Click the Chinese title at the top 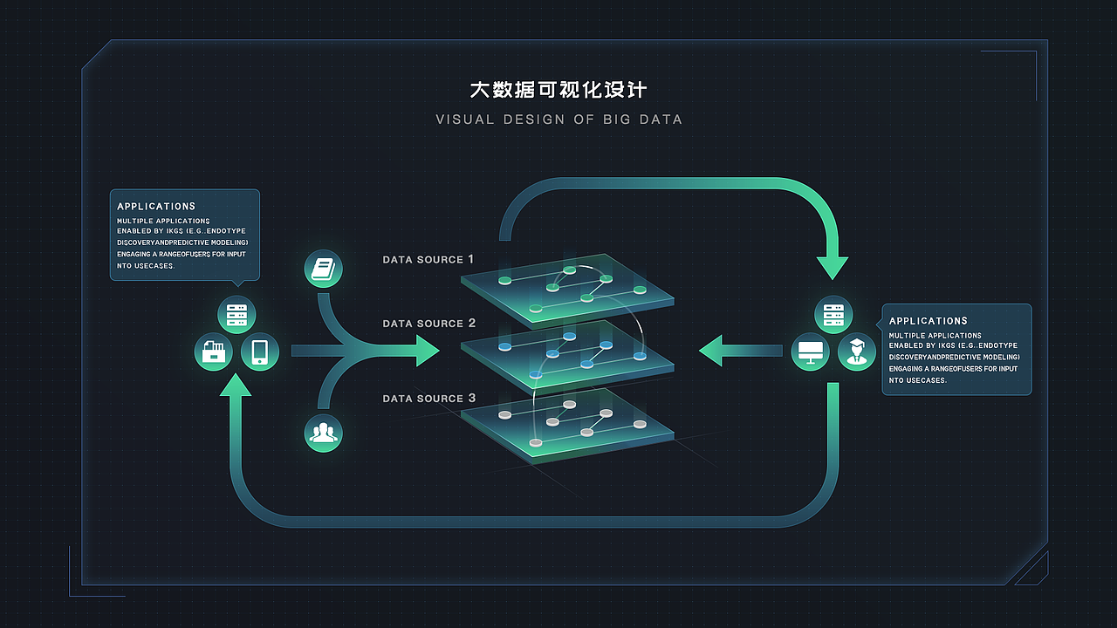point(558,90)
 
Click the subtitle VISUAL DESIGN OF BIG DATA point(558,119)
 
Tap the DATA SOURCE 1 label point(428,259)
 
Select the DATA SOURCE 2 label point(428,324)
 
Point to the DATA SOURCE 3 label point(428,399)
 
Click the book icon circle point(323,269)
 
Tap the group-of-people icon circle point(323,433)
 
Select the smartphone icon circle point(259,352)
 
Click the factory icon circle point(213,352)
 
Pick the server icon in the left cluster point(236,314)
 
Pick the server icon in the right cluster point(833,314)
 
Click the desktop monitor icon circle point(811,352)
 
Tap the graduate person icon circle point(857,352)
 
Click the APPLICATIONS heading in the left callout point(156,207)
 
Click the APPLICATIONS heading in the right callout point(929,321)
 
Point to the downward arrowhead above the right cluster point(832,265)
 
